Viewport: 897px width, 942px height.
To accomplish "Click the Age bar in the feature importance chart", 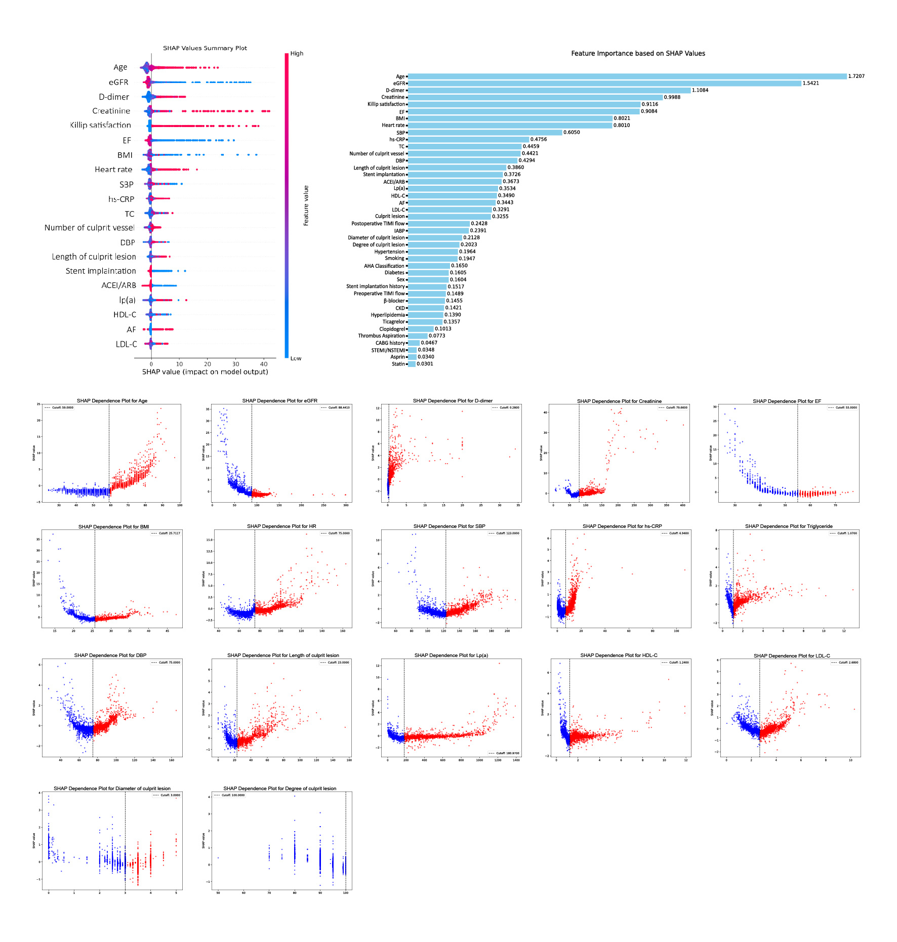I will (627, 76).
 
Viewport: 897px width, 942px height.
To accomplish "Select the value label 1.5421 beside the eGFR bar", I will (810, 84).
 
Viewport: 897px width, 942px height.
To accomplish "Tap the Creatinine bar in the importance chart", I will (535, 97).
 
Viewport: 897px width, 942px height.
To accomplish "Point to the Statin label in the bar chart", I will (398, 364).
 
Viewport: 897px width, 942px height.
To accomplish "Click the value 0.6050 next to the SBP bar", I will (572, 133).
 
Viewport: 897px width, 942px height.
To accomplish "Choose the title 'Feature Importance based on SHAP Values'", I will (638, 54).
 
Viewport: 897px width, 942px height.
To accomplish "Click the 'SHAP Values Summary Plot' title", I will (205, 48).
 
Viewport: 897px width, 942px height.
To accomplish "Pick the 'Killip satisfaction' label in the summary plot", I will (100, 125).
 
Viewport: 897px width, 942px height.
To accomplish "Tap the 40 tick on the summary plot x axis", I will (264, 364).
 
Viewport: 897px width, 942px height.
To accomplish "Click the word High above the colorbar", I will (297, 54).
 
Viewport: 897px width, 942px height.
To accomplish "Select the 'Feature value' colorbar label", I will (306, 206).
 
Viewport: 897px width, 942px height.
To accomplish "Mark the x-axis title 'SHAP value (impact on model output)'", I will (205, 372).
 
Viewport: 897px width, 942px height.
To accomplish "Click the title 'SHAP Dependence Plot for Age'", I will (112, 401).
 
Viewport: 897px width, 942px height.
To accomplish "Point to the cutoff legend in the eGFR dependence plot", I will (335, 407).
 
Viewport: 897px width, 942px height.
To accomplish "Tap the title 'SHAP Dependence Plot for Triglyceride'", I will (789, 526).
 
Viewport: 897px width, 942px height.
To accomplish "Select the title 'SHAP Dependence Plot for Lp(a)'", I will (451, 656).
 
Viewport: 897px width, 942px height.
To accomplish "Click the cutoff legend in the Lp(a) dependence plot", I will (504, 753).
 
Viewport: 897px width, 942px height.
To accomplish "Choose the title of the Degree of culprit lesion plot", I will (279, 789).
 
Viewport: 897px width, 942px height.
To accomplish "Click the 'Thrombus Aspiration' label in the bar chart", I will (381, 336).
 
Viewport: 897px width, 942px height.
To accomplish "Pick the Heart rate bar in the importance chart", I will (510, 126).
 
